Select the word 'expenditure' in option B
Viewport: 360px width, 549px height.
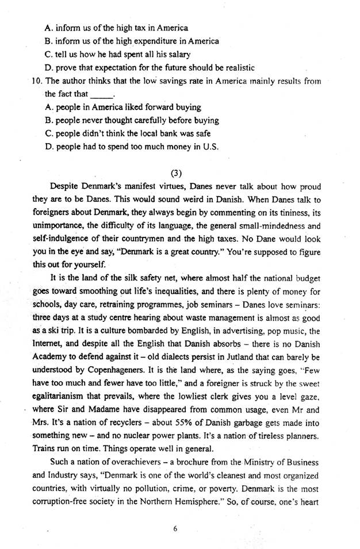[x=156, y=41]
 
